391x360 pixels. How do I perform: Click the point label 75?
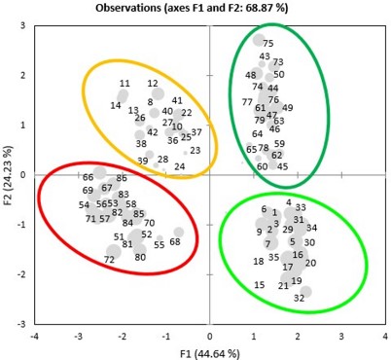pos(268,44)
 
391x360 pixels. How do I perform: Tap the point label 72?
pos(109,260)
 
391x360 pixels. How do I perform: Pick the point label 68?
pos(175,242)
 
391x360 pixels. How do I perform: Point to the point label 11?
pos(124,84)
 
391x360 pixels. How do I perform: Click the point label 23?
pos(195,151)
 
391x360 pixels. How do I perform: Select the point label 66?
pos(89,177)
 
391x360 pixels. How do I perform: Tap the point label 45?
pos(282,166)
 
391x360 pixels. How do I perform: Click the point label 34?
pos(311,228)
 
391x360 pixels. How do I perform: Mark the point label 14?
pos(116,105)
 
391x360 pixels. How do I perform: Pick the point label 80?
pos(140,258)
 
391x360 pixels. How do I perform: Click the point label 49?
pos(287,108)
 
